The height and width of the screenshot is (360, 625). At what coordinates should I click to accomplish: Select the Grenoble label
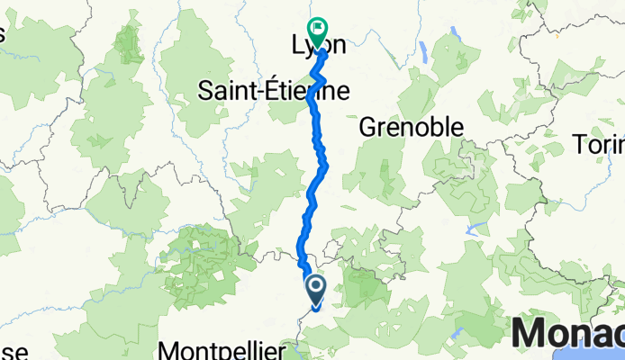tap(411, 128)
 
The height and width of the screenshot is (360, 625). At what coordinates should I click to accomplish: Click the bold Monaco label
tap(567, 334)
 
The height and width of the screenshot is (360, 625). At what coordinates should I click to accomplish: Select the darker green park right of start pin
tap(365, 286)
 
